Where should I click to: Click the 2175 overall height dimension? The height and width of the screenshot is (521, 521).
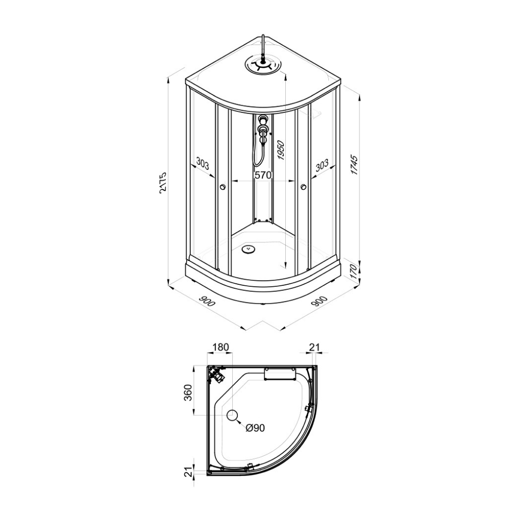(x=163, y=182)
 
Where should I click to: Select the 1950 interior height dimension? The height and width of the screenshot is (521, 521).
(x=281, y=151)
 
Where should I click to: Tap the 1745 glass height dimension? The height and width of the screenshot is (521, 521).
(x=354, y=164)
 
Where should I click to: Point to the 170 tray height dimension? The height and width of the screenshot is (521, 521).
(x=354, y=272)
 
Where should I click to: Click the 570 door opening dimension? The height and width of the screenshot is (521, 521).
(x=264, y=175)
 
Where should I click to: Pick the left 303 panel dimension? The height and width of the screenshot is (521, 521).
(x=203, y=164)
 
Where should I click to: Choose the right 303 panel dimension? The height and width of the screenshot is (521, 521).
(x=322, y=165)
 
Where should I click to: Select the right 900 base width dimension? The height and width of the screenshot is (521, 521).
(x=320, y=301)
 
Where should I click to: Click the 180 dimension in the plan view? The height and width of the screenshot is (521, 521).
(x=221, y=347)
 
